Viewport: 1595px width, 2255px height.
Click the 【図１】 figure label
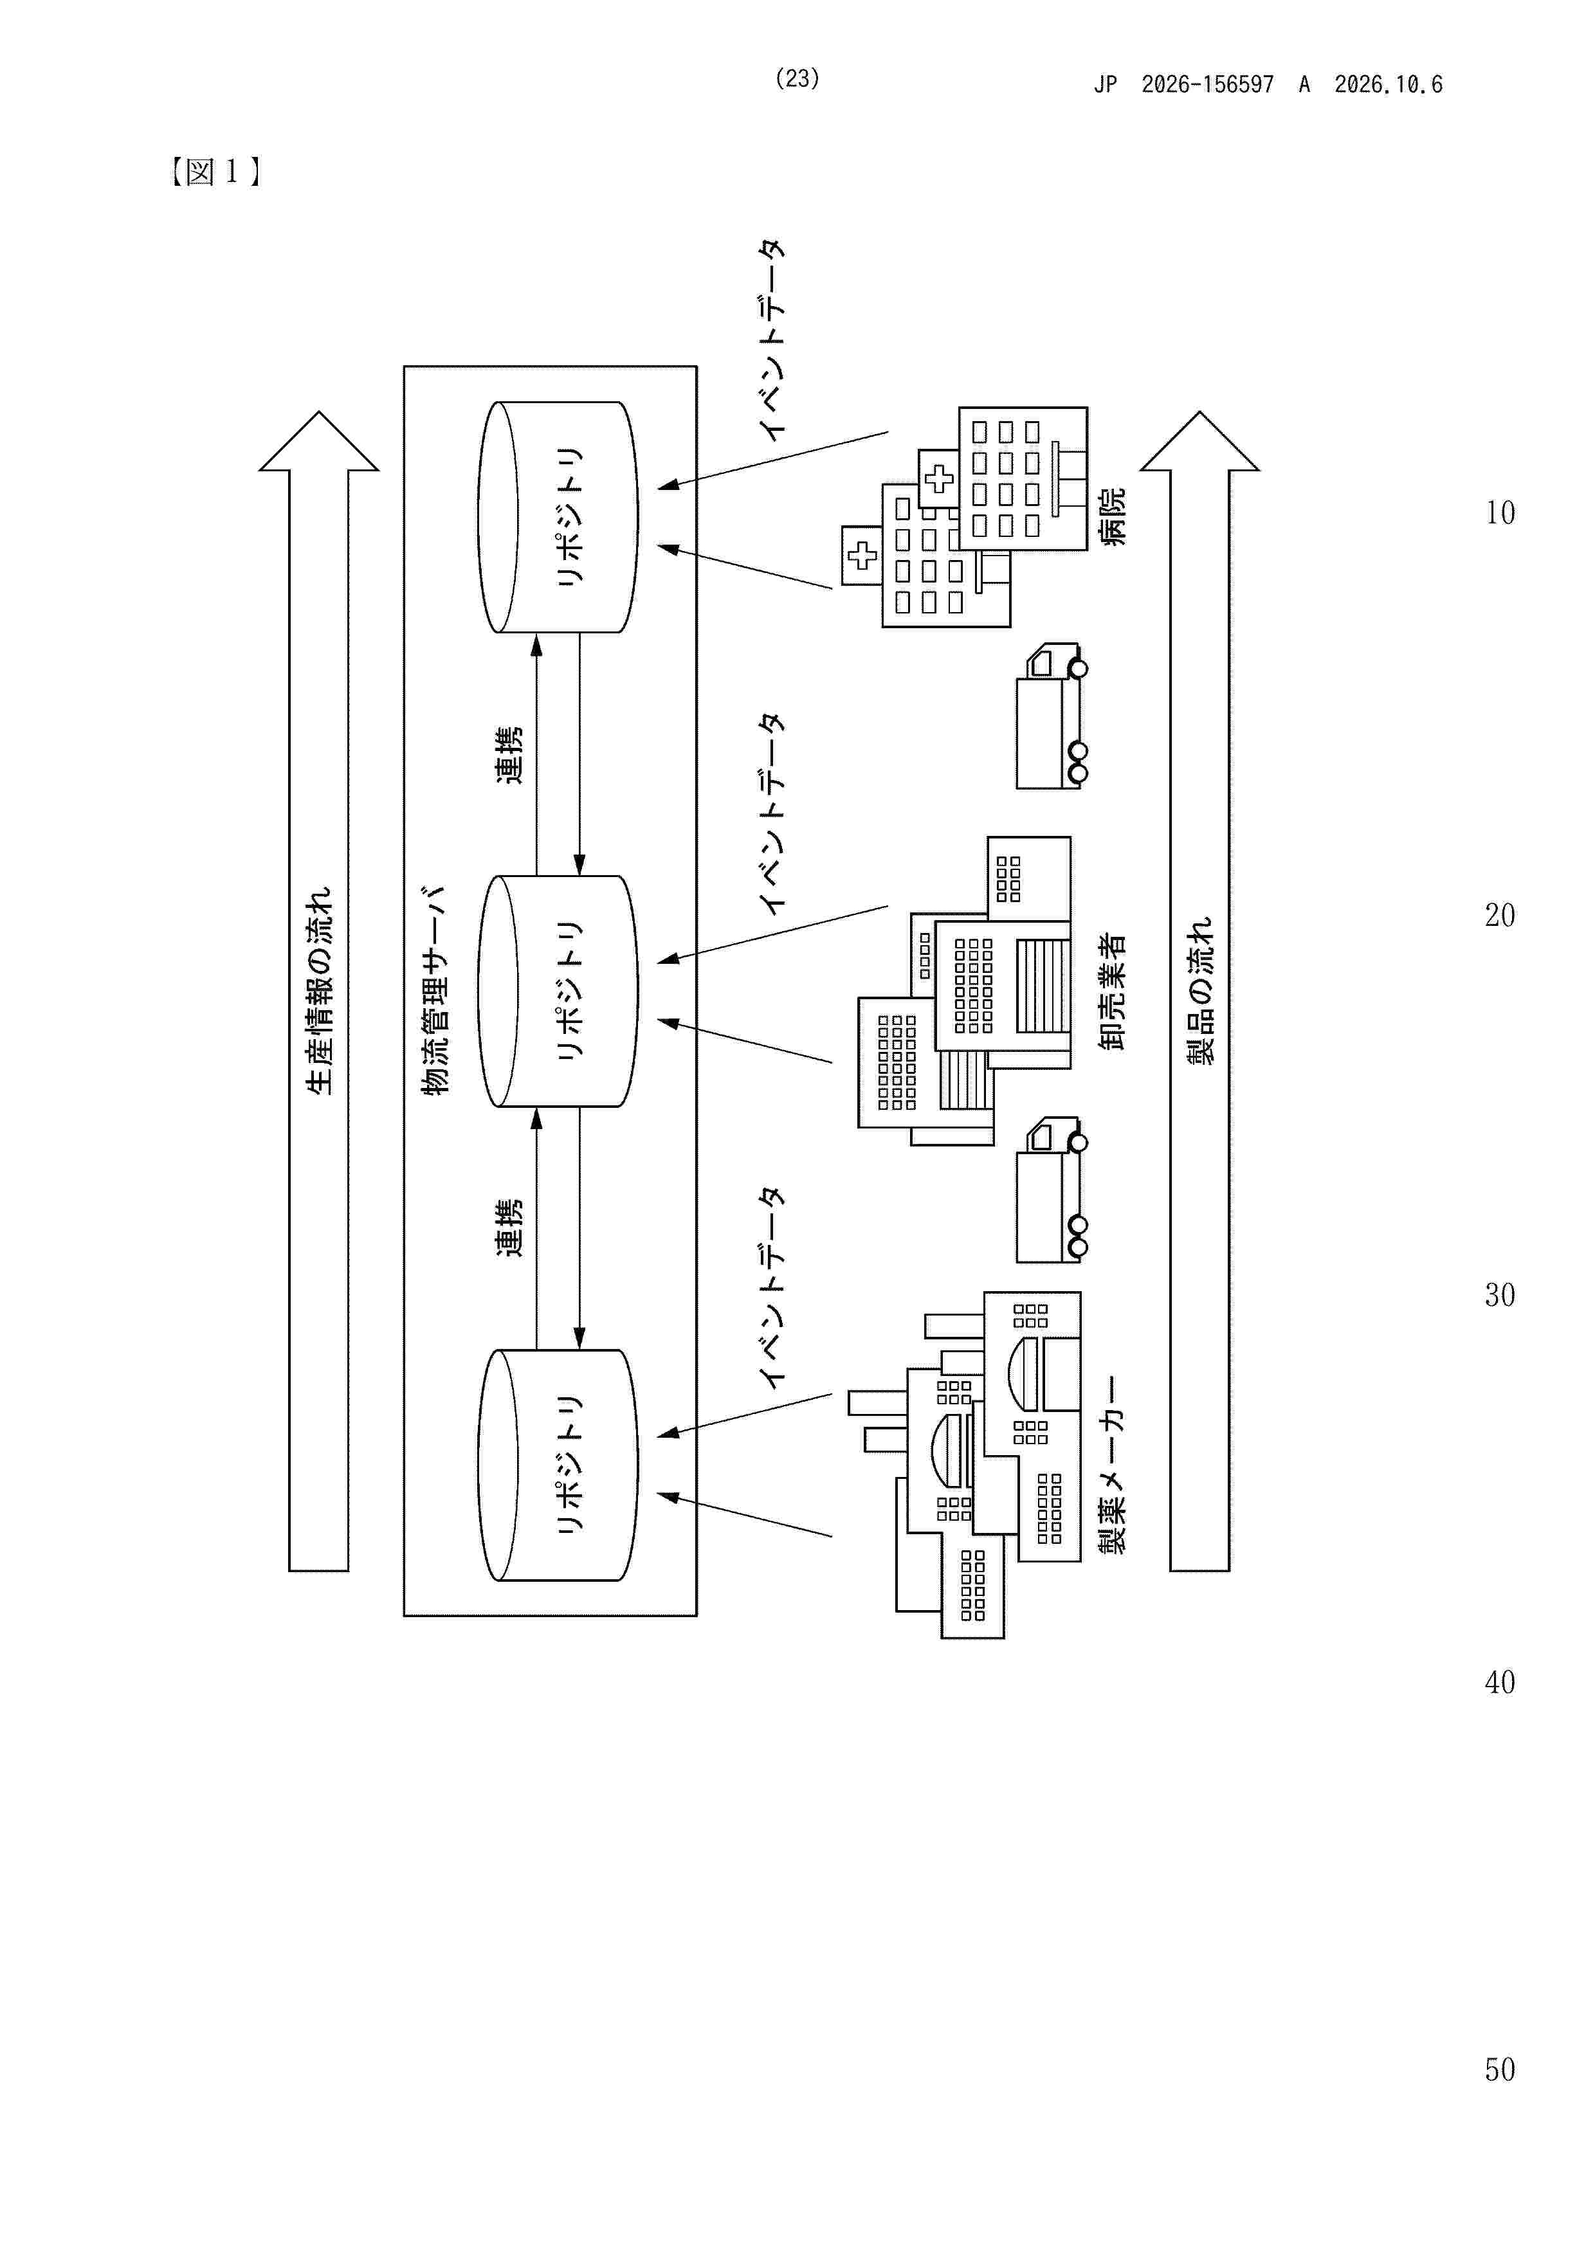tap(214, 173)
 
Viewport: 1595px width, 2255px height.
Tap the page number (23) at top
tap(796, 78)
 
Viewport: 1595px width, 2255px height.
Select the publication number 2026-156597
tap(1207, 84)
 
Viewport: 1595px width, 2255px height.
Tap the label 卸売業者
tap(1113, 992)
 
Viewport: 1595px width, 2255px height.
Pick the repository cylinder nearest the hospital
tap(558, 516)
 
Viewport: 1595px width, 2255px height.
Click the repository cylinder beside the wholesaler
tap(558, 991)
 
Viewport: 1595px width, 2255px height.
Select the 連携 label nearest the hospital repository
tap(509, 756)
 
